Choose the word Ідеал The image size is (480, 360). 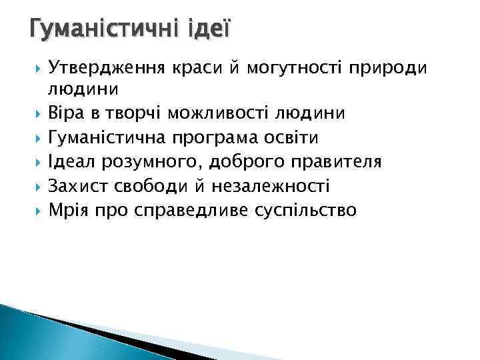72,162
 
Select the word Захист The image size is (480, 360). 79,186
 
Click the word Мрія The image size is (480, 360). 69,211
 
